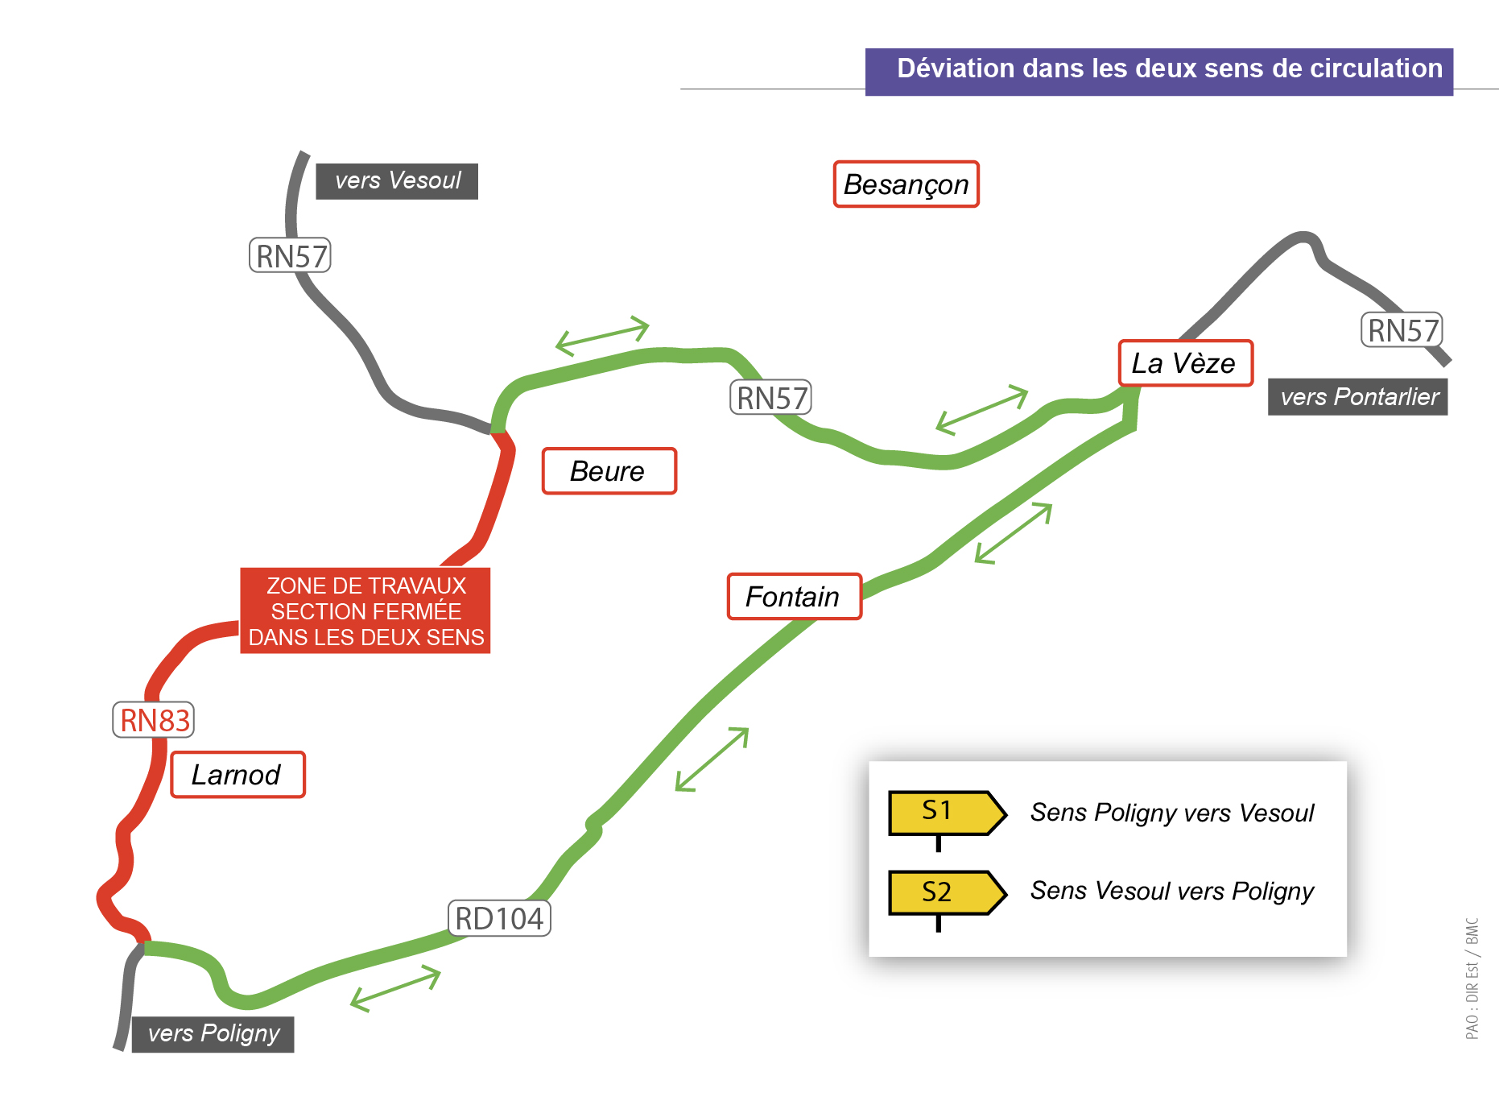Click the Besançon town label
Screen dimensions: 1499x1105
pos(906,184)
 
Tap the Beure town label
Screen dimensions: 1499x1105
pos(609,471)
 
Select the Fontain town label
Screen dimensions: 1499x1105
pos(794,597)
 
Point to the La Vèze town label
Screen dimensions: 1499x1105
pos(1185,363)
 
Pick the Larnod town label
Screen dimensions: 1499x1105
pos(237,775)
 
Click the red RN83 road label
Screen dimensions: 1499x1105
pos(154,720)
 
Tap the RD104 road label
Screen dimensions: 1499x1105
pos(499,918)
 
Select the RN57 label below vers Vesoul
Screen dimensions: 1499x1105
pos(291,256)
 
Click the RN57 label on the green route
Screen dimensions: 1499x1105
pos(770,398)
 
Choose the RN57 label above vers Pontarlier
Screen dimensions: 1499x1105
pos(1402,330)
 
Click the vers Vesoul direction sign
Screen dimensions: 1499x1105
pos(397,181)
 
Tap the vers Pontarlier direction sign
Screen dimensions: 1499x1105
pos(1358,397)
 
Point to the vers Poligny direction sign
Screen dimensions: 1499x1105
pos(213,1033)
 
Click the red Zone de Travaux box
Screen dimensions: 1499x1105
pos(365,610)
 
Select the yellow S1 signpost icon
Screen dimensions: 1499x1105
pos(947,818)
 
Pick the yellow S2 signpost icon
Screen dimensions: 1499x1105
pos(947,899)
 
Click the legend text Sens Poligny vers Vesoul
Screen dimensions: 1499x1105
pos(1172,813)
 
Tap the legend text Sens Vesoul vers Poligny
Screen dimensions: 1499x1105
pos(1172,892)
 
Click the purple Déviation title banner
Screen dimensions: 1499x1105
pos(1159,72)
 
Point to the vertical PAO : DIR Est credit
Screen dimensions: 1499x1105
pos(1472,979)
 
